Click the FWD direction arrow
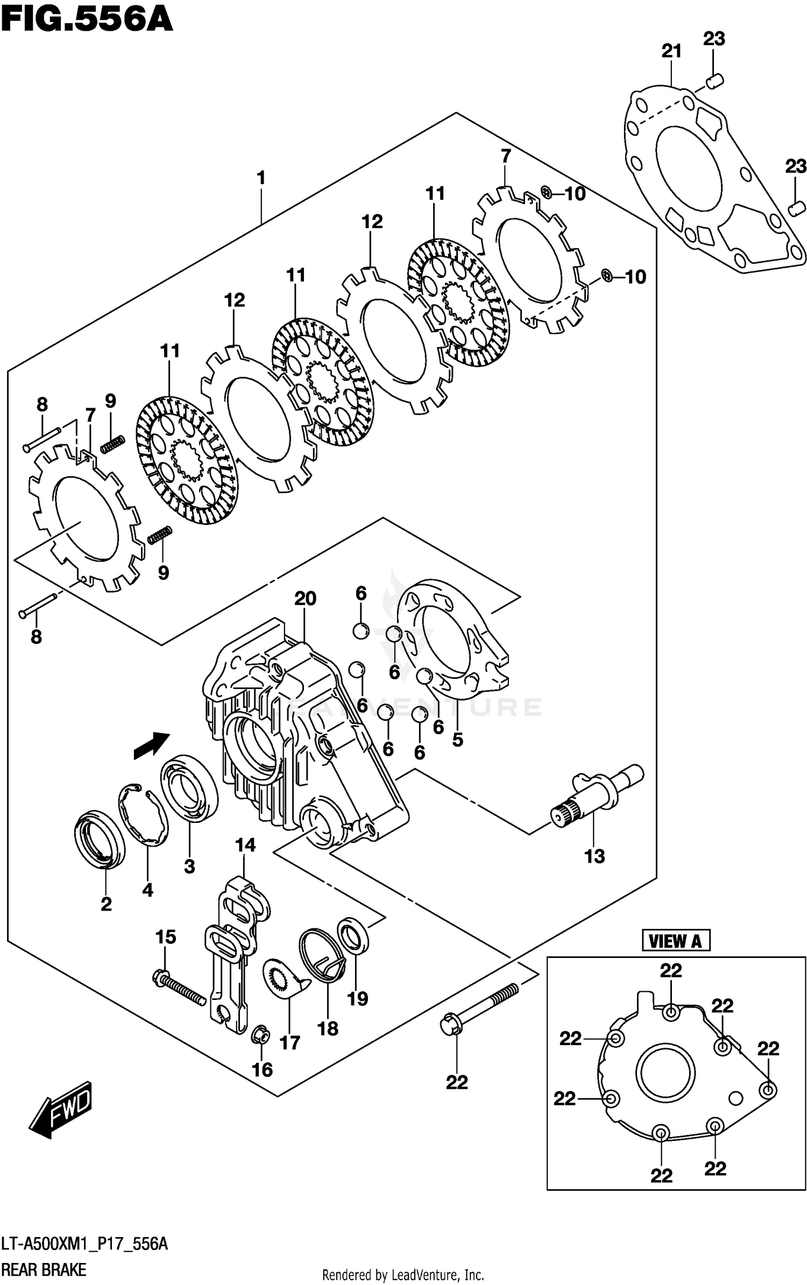pyautogui.click(x=60, y=1108)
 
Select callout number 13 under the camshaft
pyautogui.click(x=594, y=856)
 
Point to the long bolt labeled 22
pyautogui.click(x=479, y=1007)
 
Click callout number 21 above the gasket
pyautogui.click(x=671, y=52)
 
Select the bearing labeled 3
pyautogui.click(x=189, y=787)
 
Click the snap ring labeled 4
pyautogui.click(x=143, y=815)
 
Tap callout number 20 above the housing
pyautogui.click(x=305, y=598)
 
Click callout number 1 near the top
pyautogui.click(x=261, y=178)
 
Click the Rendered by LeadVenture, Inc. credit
pyautogui.click(x=402, y=1275)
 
